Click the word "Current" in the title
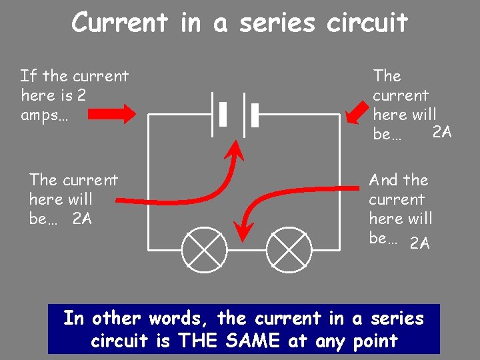(121, 22)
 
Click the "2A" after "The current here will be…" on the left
(82, 218)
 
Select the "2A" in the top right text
(442, 132)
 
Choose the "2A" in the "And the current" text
(420, 243)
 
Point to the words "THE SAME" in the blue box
(230, 341)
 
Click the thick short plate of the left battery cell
(223, 114)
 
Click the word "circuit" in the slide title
(367, 23)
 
